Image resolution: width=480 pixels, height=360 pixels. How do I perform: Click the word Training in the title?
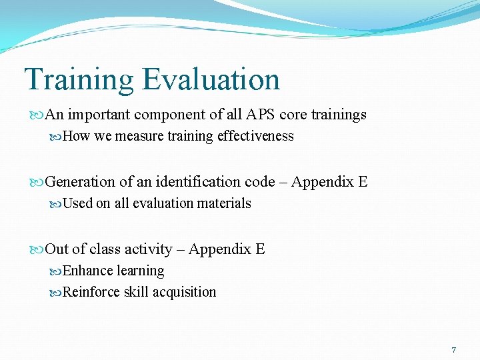(79, 80)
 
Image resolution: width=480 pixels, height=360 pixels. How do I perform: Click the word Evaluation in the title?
(211, 80)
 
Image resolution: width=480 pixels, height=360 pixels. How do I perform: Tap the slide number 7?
(454, 350)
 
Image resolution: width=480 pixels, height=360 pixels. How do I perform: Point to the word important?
(99, 115)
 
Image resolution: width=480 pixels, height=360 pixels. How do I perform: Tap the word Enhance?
(88, 271)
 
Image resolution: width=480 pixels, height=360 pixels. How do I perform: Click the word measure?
(139, 136)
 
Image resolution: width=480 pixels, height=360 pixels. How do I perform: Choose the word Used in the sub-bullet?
(77, 203)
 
